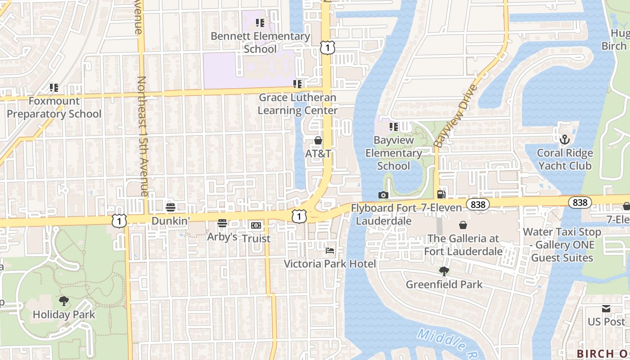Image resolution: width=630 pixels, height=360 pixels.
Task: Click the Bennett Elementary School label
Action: [x=260, y=43]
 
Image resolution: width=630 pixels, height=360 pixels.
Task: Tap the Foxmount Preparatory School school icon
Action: [x=54, y=88]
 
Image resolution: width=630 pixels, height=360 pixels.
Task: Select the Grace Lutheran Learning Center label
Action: [x=297, y=104]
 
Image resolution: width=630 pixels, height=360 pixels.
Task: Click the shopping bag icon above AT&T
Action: [x=318, y=141]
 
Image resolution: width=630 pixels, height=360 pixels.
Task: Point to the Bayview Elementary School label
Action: [x=394, y=153]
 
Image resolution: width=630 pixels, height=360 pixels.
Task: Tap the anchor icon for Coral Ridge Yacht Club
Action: [x=564, y=139]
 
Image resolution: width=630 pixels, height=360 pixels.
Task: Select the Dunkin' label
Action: [x=171, y=221]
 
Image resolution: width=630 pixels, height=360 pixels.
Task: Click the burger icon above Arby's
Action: [x=222, y=223]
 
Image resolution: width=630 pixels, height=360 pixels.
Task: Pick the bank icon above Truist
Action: [x=256, y=225]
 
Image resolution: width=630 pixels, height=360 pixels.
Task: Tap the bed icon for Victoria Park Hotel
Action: [x=330, y=250]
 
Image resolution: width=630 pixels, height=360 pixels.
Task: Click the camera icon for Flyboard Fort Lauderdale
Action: [x=383, y=195]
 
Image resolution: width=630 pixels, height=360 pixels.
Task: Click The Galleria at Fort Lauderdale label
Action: [x=463, y=245]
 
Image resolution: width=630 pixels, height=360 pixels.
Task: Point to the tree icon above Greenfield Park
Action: [x=444, y=271]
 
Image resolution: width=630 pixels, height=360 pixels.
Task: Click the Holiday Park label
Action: [x=64, y=314]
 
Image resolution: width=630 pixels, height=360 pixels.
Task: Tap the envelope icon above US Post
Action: [x=606, y=309]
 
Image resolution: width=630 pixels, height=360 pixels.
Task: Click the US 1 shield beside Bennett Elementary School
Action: [x=328, y=47]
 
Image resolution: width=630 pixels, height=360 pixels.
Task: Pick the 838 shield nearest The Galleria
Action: [x=478, y=205]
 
